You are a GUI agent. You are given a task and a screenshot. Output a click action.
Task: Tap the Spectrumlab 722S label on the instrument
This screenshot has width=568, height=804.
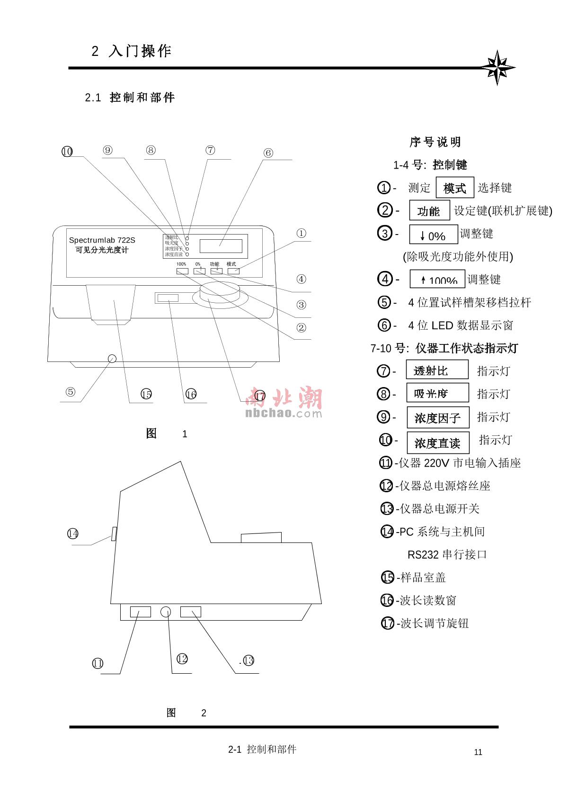pos(102,240)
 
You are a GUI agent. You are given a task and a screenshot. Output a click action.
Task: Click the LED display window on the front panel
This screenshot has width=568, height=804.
pos(221,246)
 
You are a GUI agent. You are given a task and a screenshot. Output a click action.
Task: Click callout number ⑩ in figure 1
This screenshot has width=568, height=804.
pos(67,152)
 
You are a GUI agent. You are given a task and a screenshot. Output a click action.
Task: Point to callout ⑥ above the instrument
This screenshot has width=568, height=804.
pos(268,153)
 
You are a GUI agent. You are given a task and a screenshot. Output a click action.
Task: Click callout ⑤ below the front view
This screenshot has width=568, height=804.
pos(70,392)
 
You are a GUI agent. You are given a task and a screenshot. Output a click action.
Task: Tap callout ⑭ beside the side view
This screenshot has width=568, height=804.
pos(72,534)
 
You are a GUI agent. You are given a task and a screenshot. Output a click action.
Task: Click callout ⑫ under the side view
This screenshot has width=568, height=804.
pos(182,659)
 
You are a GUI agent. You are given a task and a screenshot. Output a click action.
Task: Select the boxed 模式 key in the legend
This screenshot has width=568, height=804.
pos(454,188)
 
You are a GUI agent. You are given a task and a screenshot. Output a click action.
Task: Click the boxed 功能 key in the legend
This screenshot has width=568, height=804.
pos(429,211)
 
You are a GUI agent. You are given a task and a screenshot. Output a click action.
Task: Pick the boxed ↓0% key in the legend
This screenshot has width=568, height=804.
pos(433,235)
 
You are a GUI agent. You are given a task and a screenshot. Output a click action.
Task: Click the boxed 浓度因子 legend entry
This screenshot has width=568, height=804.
pos(437,418)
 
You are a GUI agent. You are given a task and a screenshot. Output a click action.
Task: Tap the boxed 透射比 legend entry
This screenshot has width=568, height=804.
pos(436,370)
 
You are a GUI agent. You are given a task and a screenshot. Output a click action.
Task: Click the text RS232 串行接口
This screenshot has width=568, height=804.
pos(447,554)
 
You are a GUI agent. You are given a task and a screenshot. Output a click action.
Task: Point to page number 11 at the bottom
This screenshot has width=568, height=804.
pos(478,752)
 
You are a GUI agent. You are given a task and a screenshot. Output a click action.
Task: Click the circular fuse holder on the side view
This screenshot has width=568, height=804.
pos(166,612)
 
